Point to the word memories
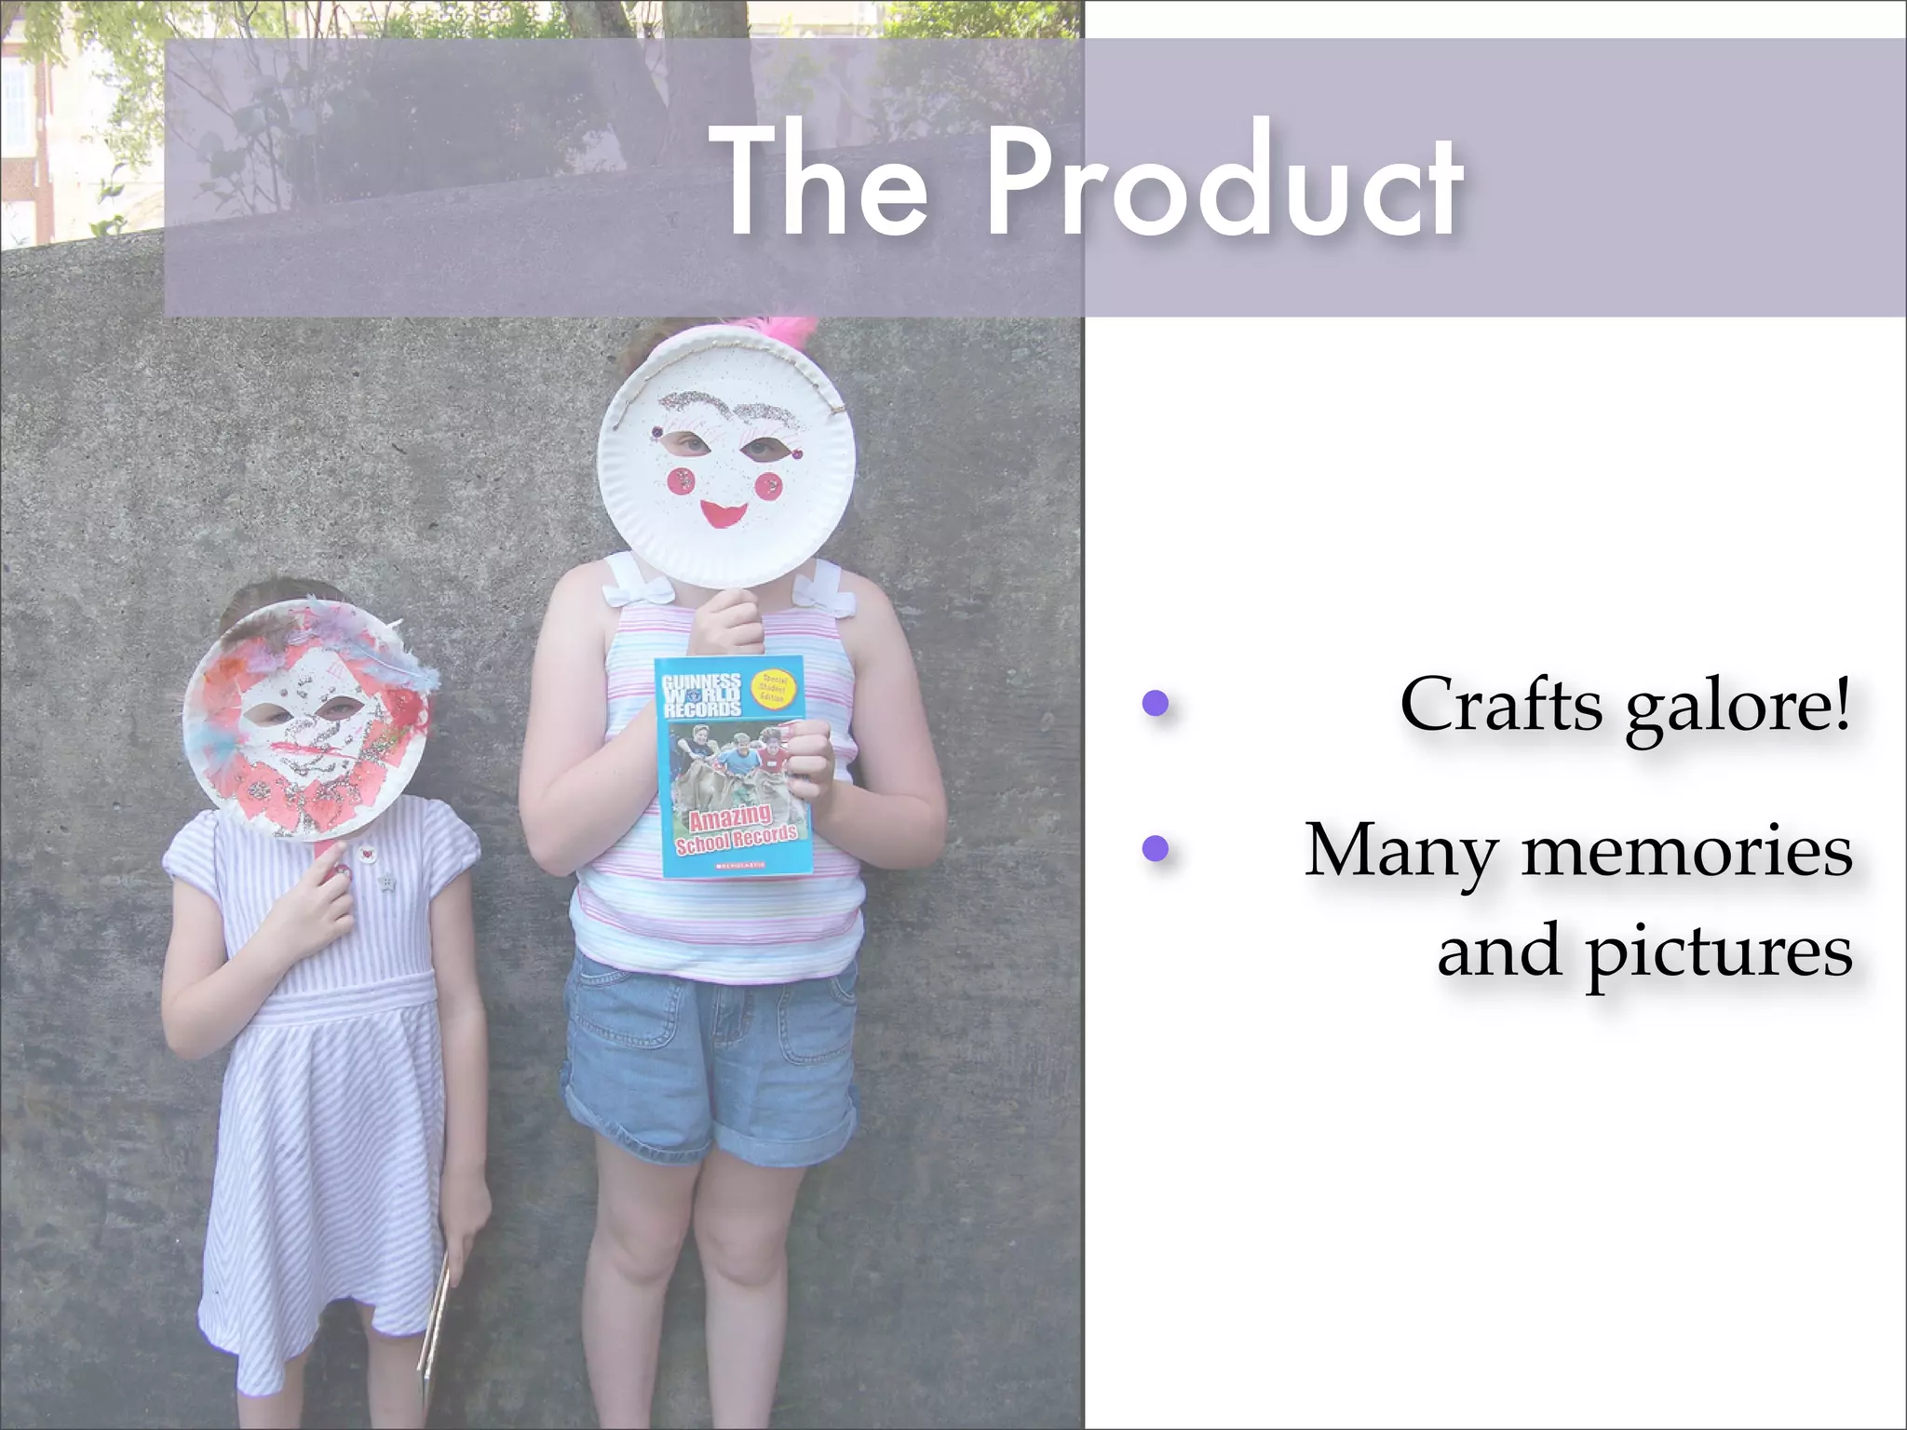click(x=1685, y=851)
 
